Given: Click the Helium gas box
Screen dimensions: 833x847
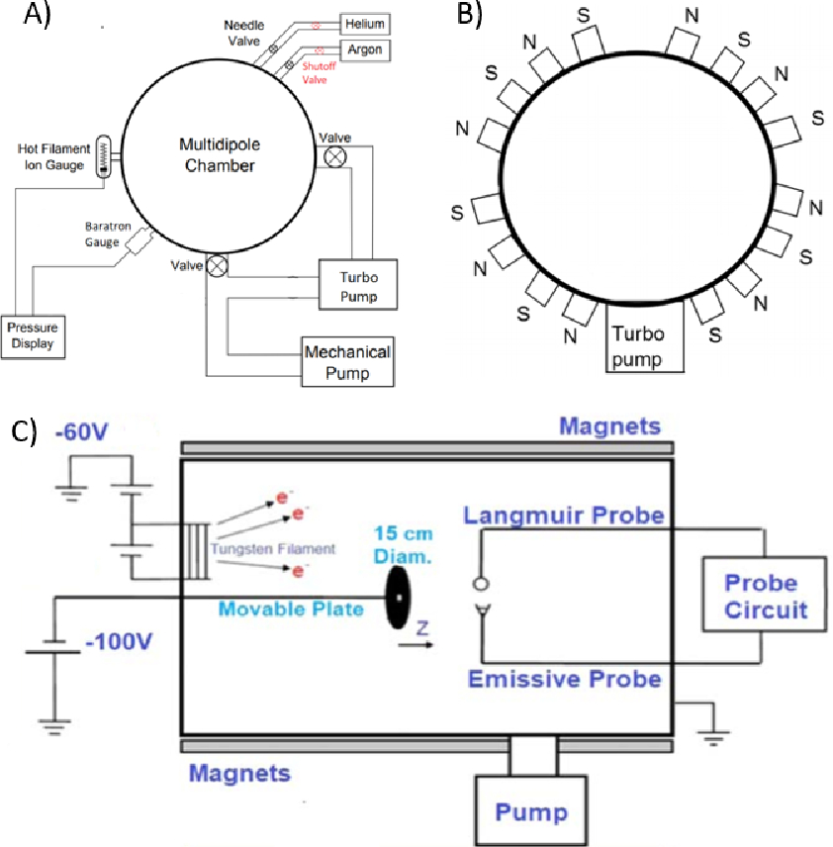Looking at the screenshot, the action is pyautogui.click(x=365, y=25).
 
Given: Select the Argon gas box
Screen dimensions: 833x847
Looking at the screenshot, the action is pyautogui.click(x=365, y=50).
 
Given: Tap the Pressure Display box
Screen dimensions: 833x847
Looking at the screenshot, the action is pyautogui.click(x=33, y=337).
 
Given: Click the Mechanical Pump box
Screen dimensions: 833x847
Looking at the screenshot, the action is pyautogui.click(x=347, y=362).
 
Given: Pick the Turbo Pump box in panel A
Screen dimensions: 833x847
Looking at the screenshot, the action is pyautogui.click(x=357, y=285).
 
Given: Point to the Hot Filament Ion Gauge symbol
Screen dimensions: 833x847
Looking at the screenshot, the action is pyautogui.click(x=103, y=156).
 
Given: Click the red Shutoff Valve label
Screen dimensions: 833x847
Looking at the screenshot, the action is pyautogui.click(x=319, y=73).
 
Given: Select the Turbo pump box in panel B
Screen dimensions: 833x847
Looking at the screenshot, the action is pyautogui.click(x=644, y=336).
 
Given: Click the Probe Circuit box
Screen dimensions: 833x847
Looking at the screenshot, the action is pyautogui.click(x=765, y=595).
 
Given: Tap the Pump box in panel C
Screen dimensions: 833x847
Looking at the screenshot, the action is pyautogui.click(x=531, y=810).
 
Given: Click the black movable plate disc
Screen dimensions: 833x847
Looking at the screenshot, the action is pyautogui.click(x=398, y=598).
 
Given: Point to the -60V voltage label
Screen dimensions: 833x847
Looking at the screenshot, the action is pyautogui.click(x=81, y=432).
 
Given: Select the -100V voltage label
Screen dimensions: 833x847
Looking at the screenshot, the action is pyautogui.click(x=119, y=642).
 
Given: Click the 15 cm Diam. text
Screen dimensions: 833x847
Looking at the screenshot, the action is pyautogui.click(x=403, y=544).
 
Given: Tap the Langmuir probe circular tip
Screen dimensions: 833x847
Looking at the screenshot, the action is pyautogui.click(x=481, y=584).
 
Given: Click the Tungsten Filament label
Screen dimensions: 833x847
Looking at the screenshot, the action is pyautogui.click(x=273, y=549).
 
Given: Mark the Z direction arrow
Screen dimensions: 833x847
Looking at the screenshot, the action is pyautogui.click(x=416, y=644).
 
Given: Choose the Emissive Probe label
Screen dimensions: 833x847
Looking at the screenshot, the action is pyautogui.click(x=565, y=679).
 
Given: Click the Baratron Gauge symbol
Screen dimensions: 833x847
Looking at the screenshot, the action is pyautogui.click(x=139, y=240).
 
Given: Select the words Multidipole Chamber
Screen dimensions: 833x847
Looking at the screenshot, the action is pyautogui.click(x=220, y=155).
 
